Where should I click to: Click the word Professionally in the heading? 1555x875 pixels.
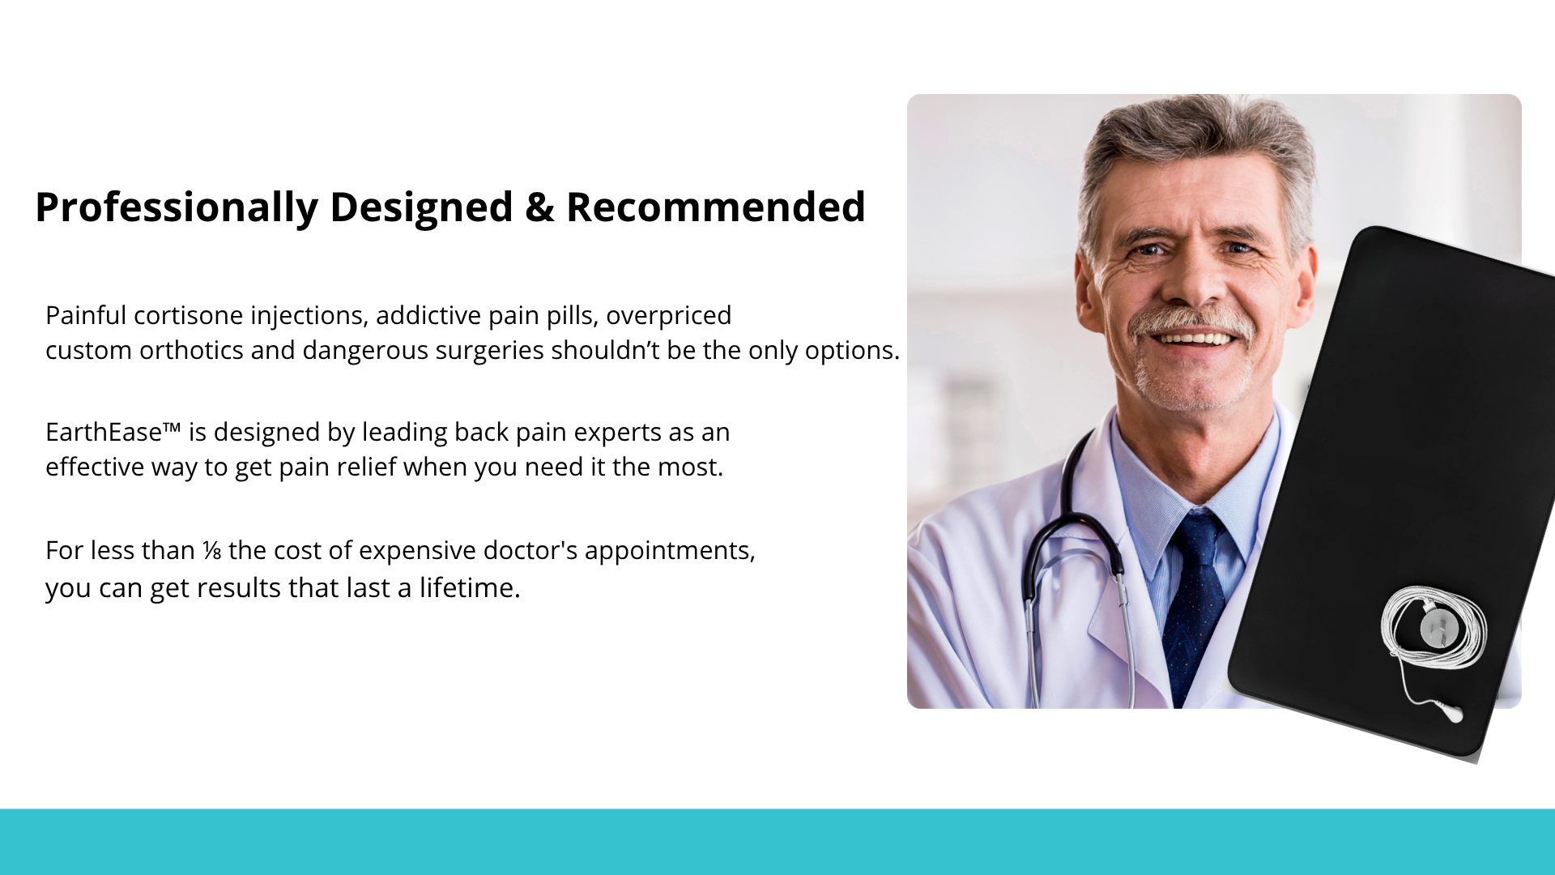177,208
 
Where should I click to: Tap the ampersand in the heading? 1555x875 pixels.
539,207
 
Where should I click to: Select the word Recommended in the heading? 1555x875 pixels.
716,207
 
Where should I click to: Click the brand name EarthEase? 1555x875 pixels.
104,432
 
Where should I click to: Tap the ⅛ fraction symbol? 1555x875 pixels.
211,551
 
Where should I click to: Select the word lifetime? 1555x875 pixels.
469,587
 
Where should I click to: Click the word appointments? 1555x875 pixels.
670,551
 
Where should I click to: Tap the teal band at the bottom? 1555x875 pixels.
777,842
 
